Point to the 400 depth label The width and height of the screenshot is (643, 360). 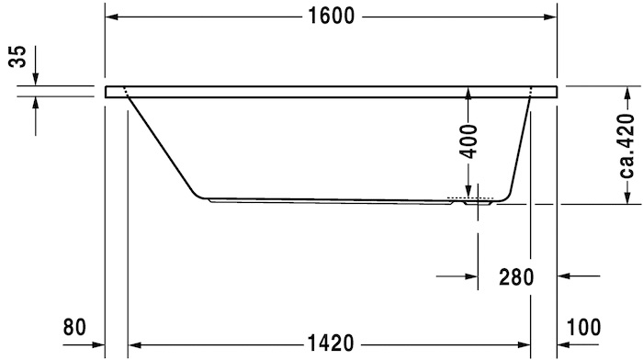[x=468, y=141]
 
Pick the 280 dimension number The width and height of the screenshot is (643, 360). [x=516, y=276]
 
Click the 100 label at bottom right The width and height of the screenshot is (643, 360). [x=584, y=327]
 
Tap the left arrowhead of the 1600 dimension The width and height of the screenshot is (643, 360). [x=112, y=17]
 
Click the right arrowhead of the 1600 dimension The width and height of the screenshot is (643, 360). [x=551, y=17]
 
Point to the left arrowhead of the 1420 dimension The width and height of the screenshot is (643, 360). [x=134, y=344]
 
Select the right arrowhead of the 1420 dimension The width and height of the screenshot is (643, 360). [x=525, y=344]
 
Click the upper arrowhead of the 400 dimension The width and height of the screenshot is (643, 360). [x=468, y=94]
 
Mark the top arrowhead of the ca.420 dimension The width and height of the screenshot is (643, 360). [x=626, y=94]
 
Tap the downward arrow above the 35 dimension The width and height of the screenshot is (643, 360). [x=36, y=80]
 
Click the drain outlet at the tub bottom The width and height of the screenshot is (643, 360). [x=469, y=199]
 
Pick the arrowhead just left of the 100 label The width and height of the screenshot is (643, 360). [x=564, y=344]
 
